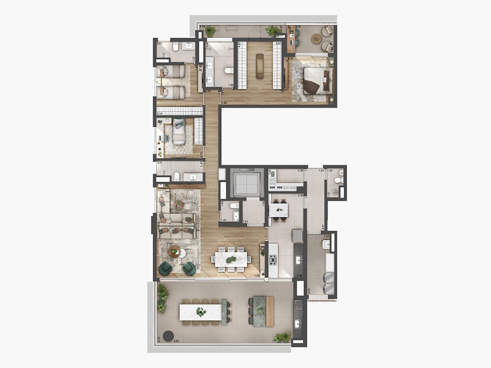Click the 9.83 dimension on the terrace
point(177,341)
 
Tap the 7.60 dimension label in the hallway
point(225,103)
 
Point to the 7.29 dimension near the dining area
point(257,276)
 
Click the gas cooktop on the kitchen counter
point(273,259)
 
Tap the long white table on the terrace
point(200,312)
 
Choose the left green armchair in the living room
point(166,268)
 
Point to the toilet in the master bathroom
point(228,71)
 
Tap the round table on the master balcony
point(316,39)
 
